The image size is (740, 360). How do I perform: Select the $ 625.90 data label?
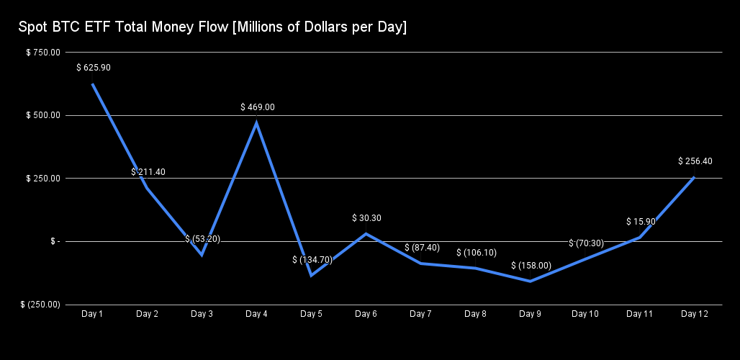(93, 68)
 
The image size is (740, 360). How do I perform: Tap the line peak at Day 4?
(257, 123)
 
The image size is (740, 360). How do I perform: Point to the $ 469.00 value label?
(257, 107)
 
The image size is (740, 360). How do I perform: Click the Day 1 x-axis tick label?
(92, 314)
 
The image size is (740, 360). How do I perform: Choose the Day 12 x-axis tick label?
(694, 314)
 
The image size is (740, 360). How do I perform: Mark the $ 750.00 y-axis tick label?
(42, 53)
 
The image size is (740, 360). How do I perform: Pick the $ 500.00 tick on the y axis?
(42, 115)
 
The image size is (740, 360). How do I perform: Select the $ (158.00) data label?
(531, 266)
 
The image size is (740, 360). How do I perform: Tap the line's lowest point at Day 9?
(531, 281)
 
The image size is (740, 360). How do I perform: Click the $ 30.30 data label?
(366, 217)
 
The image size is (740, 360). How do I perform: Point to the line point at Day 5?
(312, 275)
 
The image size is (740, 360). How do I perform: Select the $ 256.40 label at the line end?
(695, 161)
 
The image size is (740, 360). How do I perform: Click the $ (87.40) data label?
(421, 248)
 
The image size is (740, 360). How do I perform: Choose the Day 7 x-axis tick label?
(420, 314)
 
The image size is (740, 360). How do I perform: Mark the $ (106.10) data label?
(476, 253)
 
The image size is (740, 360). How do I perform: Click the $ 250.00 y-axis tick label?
(42, 179)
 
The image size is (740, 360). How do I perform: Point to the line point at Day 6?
(366, 233)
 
